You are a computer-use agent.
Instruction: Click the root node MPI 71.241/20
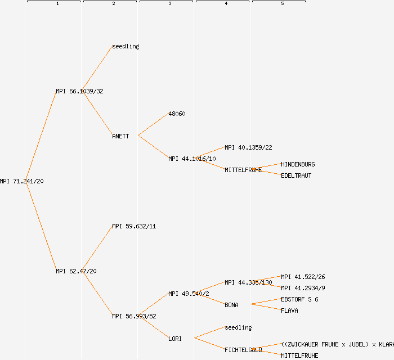pos(22,181)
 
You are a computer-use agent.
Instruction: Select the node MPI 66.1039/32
pos(79,91)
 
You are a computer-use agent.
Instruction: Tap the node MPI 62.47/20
pos(76,271)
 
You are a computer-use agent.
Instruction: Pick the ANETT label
pos(120,136)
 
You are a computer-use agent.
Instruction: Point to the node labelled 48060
pos(177,114)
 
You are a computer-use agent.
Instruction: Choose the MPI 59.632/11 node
pos(134,226)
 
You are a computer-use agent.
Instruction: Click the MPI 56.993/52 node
pos(134,316)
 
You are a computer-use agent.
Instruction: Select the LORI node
pos(175,339)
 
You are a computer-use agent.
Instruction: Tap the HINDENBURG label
pos(298,164)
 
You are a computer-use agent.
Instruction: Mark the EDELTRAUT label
pos(296,175)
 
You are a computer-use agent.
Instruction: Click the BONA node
pos(231,305)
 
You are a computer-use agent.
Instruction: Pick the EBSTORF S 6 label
pos(299,299)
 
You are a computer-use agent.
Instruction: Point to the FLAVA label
pos(289,310)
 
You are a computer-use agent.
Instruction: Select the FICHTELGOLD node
pos(243,350)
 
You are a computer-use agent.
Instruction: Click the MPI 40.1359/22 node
pos(248,147)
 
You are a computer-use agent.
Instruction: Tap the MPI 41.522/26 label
pos(303,277)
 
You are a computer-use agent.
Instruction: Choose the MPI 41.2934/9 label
pos(303,288)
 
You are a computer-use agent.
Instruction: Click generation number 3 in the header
pos(170,4)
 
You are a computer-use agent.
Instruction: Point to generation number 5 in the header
pos(283,4)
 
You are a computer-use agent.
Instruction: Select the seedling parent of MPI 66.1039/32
pos(126,46)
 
